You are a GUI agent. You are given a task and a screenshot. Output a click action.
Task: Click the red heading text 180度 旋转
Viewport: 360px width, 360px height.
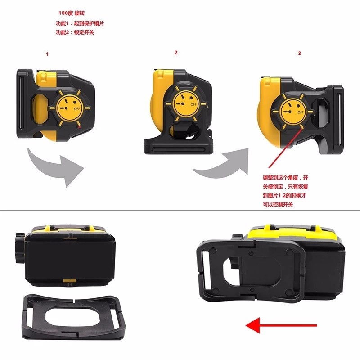(x=72, y=13)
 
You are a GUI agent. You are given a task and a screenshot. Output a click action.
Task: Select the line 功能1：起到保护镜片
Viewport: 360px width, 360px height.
(x=80, y=23)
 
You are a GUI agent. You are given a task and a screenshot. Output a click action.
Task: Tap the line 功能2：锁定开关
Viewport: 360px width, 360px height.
(x=75, y=32)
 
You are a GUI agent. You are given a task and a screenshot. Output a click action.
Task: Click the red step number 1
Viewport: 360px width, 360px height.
(x=47, y=54)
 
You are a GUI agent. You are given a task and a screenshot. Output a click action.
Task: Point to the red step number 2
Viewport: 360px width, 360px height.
(x=176, y=53)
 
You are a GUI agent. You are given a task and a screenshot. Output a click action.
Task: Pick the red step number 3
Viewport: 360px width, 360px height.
(x=299, y=53)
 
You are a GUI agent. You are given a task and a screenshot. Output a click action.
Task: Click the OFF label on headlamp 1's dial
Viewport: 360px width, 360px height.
(x=77, y=108)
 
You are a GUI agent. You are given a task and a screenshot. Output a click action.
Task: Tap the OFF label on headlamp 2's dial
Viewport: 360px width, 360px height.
(x=193, y=104)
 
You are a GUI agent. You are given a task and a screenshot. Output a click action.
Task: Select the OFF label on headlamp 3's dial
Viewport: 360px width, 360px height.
(x=301, y=112)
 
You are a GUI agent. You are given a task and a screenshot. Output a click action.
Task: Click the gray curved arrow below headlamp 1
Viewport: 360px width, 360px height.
(x=55, y=165)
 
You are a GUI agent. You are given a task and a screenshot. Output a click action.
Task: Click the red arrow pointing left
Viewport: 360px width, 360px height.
(x=281, y=325)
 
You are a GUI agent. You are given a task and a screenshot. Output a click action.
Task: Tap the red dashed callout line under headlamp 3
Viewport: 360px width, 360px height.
(x=286, y=148)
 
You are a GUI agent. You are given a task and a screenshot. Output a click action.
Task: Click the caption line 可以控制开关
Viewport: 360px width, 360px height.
(x=278, y=204)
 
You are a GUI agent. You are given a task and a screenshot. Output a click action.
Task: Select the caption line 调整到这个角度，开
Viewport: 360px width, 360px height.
(x=285, y=177)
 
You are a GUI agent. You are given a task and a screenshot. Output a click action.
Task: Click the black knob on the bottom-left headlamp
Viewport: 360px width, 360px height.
(x=20, y=248)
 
